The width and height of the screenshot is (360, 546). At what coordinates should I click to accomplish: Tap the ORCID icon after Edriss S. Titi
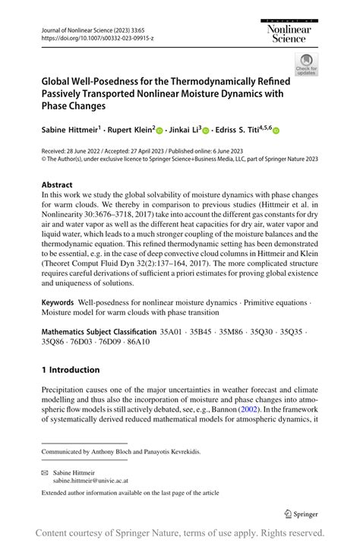(x=276, y=131)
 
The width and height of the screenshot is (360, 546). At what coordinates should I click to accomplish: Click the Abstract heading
(x=58, y=185)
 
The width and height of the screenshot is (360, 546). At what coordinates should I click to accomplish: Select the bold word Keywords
(x=58, y=301)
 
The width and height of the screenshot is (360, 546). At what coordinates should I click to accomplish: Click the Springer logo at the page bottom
(x=300, y=513)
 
